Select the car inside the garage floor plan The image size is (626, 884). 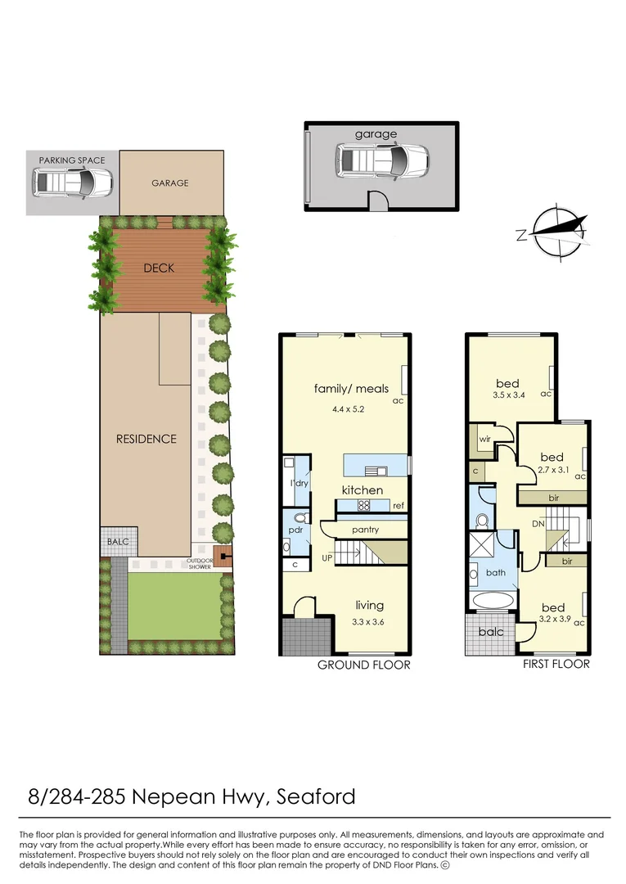(x=381, y=160)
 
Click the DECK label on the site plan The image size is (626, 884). (x=159, y=268)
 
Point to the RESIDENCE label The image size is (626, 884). (x=146, y=439)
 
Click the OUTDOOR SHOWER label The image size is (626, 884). (x=200, y=565)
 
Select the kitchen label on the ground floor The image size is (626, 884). (x=362, y=489)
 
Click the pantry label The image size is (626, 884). (x=365, y=530)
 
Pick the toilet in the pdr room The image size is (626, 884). (x=299, y=520)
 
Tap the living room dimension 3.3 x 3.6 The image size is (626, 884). (x=369, y=621)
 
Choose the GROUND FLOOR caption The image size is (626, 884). (x=363, y=665)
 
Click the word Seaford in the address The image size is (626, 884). (x=316, y=796)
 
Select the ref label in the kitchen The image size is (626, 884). (x=399, y=506)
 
